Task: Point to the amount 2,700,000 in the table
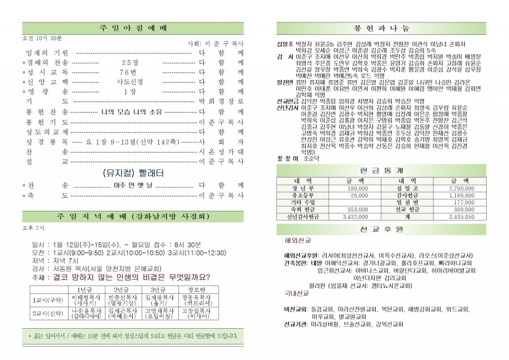pos(461,188)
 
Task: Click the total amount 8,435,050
pos(461,217)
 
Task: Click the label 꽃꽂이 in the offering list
pos(287,159)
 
